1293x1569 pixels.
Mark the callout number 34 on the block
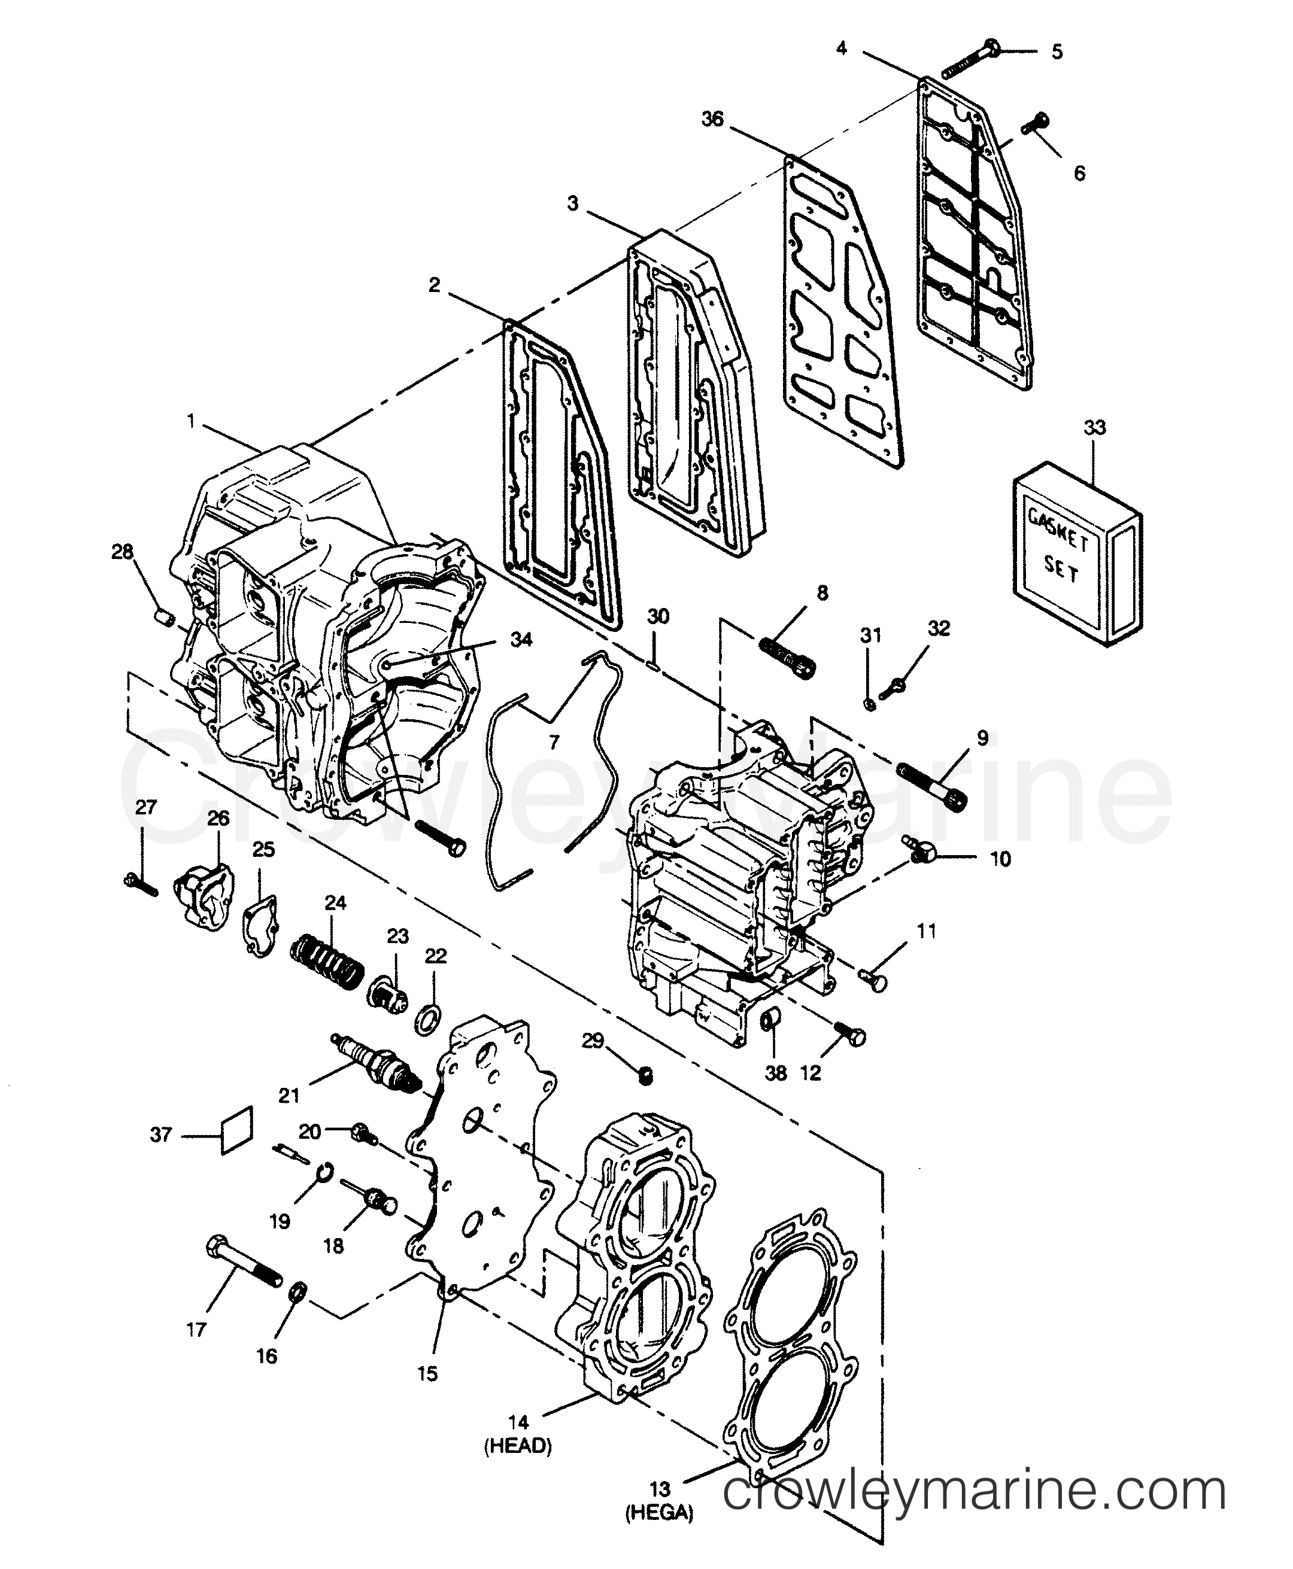(521, 640)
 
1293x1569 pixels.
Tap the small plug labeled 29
(646, 1075)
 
